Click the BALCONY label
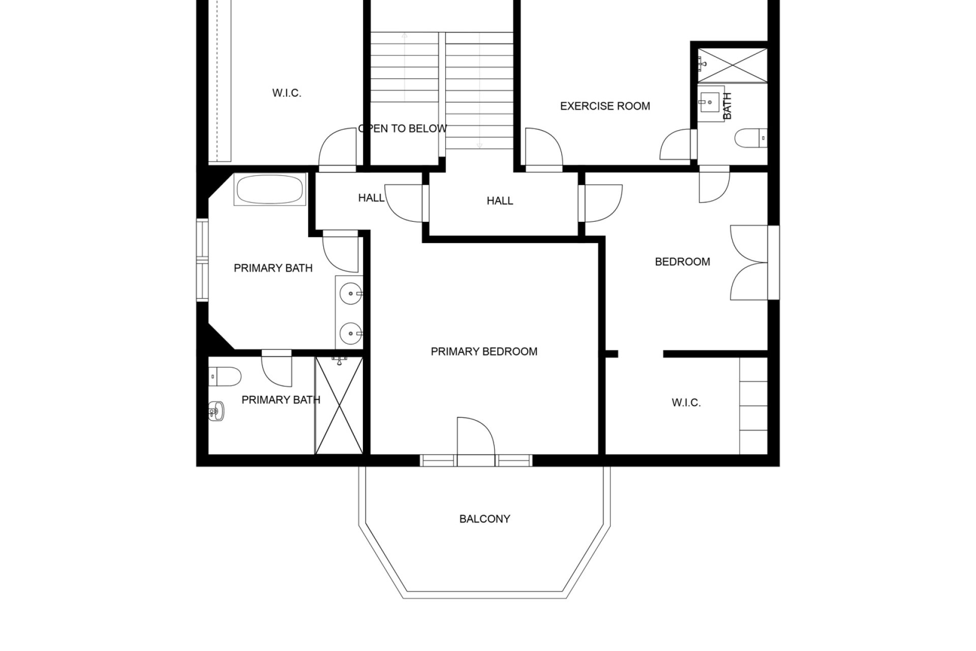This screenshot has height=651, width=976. [x=484, y=519]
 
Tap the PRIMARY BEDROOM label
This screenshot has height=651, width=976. [x=484, y=351]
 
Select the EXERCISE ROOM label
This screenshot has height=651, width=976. [x=605, y=106]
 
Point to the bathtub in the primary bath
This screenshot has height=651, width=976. [x=269, y=190]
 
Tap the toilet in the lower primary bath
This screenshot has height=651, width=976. [x=225, y=376]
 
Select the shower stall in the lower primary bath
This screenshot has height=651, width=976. [x=339, y=405]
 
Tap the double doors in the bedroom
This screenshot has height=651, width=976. [x=748, y=262]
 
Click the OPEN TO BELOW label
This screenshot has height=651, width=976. [x=403, y=129]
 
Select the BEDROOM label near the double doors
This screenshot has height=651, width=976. [x=682, y=262]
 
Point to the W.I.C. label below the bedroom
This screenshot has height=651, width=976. [x=686, y=403]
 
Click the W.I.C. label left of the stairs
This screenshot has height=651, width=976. [x=287, y=93]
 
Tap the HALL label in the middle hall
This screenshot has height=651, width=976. [x=500, y=201]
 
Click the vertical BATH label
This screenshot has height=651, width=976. [x=727, y=106]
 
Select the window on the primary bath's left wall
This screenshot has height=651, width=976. [x=203, y=260]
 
